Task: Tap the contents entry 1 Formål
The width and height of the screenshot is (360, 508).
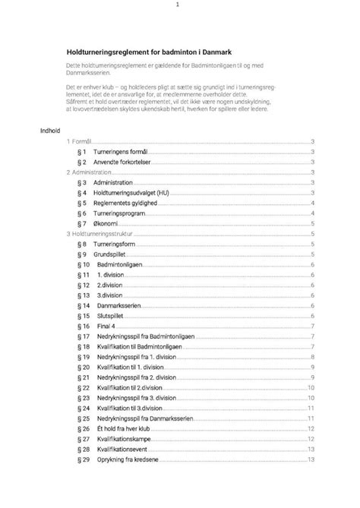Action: click(x=80, y=142)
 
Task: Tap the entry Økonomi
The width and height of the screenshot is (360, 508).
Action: click(x=109, y=224)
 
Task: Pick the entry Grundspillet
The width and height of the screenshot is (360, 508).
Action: click(x=114, y=254)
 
